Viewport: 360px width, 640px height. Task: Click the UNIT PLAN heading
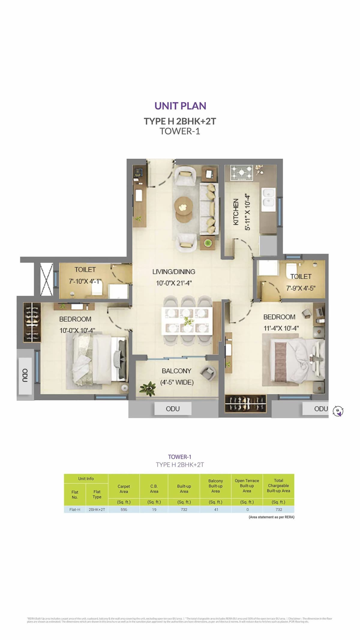tap(180, 106)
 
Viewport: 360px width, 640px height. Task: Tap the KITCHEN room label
tap(236, 212)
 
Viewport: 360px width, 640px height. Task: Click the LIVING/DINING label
tap(174, 272)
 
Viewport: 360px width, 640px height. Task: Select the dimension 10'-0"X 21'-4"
tap(174, 283)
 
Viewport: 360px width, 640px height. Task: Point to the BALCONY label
tap(176, 371)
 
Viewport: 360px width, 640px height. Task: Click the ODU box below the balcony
tap(173, 409)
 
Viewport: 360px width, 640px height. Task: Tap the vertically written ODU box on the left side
tap(25, 376)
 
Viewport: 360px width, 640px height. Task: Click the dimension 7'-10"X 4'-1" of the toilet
tap(85, 281)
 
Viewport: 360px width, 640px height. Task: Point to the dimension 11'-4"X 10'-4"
tap(281, 328)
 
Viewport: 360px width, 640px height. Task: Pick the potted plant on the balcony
tap(148, 389)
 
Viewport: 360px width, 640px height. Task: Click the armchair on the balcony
tap(208, 373)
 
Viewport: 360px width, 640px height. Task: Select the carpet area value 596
tap(124, 509)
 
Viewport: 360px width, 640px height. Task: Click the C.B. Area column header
tap(154, 488)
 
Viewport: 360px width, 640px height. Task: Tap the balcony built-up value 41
tap(216, 509)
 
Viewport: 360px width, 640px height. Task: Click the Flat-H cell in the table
tap(75, 509)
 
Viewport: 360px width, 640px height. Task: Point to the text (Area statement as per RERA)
tap(271, 517)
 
